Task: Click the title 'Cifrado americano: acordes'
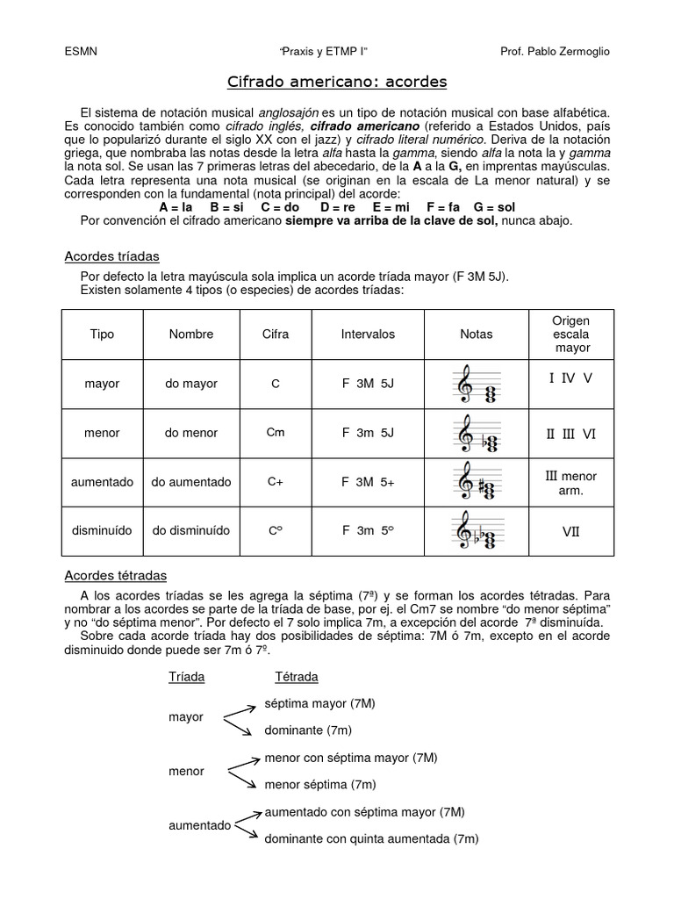337,82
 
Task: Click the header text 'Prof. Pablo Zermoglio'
554,51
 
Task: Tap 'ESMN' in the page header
82,51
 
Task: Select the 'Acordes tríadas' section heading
112,256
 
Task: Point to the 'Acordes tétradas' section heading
116,575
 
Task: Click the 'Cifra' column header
275,334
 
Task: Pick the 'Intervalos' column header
368,334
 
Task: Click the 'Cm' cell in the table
275,432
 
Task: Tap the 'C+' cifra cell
275,482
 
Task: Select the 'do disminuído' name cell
191,531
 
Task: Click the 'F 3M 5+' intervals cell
368,482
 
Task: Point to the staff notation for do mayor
477,385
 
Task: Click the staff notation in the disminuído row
477,531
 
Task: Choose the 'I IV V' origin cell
570,378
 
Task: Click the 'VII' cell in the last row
570,531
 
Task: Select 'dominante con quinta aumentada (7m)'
371,839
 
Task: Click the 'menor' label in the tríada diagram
186,772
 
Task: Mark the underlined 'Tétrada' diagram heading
297,677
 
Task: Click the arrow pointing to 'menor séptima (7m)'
243,779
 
